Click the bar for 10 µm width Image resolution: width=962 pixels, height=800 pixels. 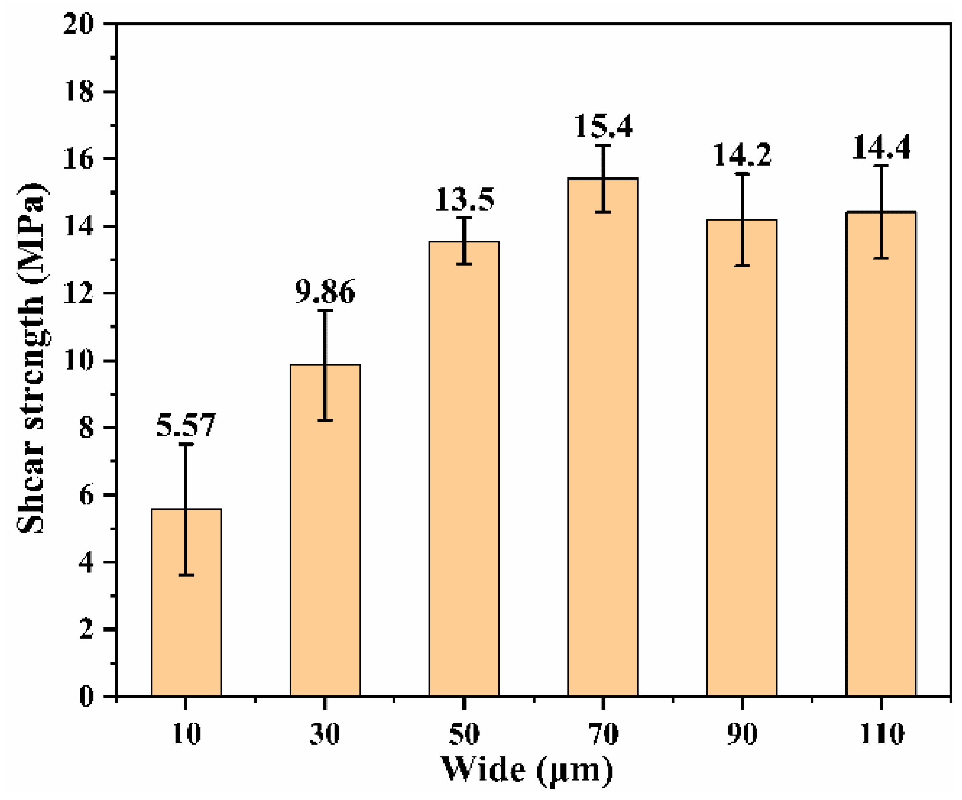(x=186, y=603)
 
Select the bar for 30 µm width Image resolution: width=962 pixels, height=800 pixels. (x=325, y=530)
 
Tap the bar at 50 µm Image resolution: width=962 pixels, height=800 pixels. (x=464, y=469)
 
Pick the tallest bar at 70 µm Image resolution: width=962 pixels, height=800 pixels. (x=603, y=437)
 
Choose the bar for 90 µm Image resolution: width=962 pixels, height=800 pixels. (x=742, y=458)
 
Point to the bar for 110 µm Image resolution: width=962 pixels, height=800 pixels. (x=881, y=454)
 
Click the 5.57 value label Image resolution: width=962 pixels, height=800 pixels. (x=186, y=425)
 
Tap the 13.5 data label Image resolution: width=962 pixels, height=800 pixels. (x=464, y=199)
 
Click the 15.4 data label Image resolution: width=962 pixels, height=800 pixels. (x=603, y=126)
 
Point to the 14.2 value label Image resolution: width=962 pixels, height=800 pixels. (x=742, y=155)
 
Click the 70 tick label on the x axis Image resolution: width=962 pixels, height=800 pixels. (x=604, y=734)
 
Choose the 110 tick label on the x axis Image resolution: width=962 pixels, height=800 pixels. (x=882, y=734)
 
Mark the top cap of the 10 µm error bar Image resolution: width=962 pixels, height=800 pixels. (x=186, y=444)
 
